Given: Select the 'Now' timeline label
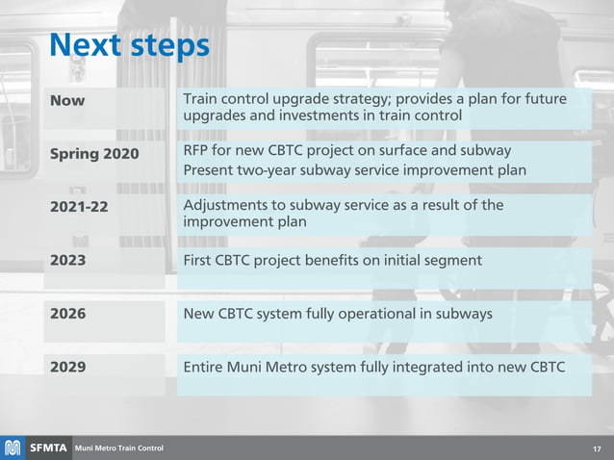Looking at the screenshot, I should [x=67, y=101].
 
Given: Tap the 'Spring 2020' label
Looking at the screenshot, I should [x=94, y=155].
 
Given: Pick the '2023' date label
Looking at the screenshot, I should [x=67, y=261].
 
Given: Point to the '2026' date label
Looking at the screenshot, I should [x=67, y=314].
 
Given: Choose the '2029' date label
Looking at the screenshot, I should [x=67, y=367].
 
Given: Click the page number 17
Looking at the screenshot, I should [x=597, y=448].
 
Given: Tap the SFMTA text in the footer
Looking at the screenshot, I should [x=47, y=448].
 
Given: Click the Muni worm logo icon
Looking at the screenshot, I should [x=13, y=448].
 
